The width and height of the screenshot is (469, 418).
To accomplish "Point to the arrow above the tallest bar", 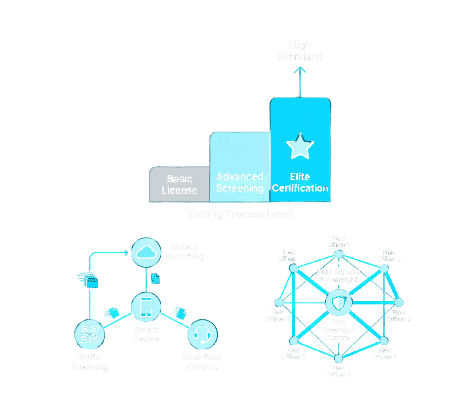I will tap(300, 81).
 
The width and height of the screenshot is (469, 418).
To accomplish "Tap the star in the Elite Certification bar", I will tap(300, 146).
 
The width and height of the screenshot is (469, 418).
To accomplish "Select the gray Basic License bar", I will tap(179, 184).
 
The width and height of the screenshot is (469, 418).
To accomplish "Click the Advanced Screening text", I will tap(240, 182).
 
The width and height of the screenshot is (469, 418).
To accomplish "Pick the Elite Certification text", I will tap(300, 182).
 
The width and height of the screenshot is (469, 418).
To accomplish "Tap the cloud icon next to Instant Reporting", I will tap(146, 252).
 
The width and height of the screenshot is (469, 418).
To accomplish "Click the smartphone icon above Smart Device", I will tap(146, 307).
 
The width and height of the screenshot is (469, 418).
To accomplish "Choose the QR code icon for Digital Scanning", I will tap(90, 334).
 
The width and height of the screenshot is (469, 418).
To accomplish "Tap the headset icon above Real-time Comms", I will tap(202, 334).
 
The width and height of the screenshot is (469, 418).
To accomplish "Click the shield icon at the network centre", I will tap(339, 302).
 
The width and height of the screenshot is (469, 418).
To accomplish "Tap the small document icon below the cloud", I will tap(155, 278).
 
